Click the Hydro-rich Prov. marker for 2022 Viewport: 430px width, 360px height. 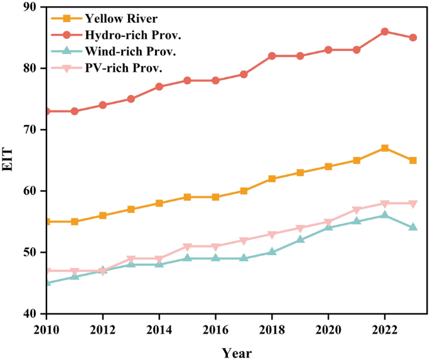pos(384,31)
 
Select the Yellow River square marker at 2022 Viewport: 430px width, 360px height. pos(384,148)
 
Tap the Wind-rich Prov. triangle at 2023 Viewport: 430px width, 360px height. pos(412,227)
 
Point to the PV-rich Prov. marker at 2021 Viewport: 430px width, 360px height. pos(356,210)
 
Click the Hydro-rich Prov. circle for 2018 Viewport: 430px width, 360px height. pos(272,56)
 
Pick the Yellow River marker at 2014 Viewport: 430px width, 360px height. pos(159,204)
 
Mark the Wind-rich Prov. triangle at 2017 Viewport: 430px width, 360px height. pos(244,258)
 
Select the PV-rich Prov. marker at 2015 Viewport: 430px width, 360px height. pos(187,247)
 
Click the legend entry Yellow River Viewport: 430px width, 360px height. pos(121,19)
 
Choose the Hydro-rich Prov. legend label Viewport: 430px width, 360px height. pos(133,35)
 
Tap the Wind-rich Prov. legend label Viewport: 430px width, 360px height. pos(131,52)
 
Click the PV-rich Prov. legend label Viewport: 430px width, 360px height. pos(124,68)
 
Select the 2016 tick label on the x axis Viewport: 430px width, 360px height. pos(215,330)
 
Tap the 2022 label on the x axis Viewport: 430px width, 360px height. pos(384,330)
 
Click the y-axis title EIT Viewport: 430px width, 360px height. pos(8,160)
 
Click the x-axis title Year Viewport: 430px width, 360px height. pos(237,353)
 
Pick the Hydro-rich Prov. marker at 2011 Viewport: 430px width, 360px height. pos(75,111)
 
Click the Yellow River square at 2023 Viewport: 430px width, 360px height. pos(412,160)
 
